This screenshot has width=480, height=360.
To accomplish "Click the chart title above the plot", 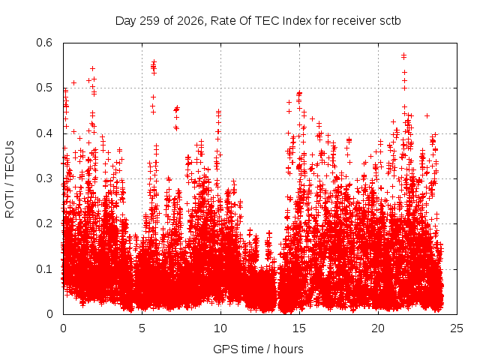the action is pos(258,21).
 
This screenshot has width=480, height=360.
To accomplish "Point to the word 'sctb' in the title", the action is pos(390,21).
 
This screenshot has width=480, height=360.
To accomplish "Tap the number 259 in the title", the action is pos(150,21).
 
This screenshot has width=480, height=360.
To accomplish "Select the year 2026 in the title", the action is pos(190,21).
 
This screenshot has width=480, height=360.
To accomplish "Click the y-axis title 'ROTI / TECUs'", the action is pos(10,179).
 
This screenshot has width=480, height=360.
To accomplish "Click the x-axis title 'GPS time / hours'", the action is pos(258,349).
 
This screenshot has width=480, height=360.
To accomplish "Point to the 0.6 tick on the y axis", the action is pos(44,43).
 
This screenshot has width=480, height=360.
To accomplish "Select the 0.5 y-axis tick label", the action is pos(44,88).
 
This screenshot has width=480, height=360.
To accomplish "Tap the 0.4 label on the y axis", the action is pos(44,133).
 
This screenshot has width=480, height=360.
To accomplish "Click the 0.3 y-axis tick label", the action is pos(44,178).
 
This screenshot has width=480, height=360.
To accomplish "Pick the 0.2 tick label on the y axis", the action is pos(44,223).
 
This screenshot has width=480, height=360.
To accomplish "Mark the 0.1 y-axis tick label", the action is pos(44,269).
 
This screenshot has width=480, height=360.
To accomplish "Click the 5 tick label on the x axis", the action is pos(142,328).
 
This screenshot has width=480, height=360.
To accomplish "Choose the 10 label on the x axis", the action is pos(220,328).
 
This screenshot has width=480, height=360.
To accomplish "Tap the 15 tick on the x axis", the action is pos(299,328).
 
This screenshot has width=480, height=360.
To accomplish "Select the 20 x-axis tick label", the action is pos(378,328).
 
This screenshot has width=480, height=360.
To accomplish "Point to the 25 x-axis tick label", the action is pos(457,328).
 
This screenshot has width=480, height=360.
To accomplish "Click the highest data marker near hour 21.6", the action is pos(403,55).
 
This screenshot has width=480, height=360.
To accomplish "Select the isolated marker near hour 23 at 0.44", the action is pos(427,115).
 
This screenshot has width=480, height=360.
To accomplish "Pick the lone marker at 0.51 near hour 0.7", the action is pos(73,83).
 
